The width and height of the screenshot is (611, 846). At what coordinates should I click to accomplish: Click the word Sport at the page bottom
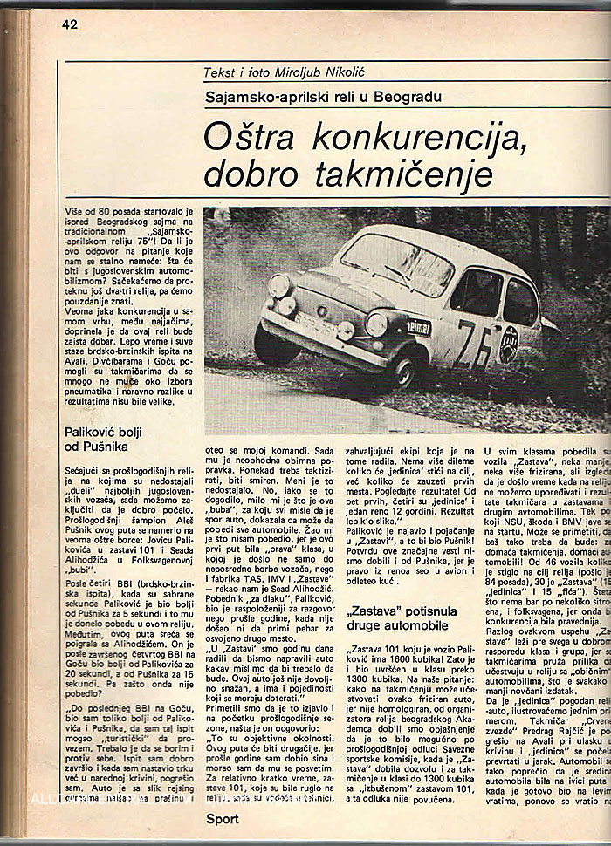click(223, 818)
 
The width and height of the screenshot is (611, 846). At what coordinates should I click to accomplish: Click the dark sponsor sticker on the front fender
click(421, 327)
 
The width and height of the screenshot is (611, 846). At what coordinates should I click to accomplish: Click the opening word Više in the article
click(76, 213)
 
